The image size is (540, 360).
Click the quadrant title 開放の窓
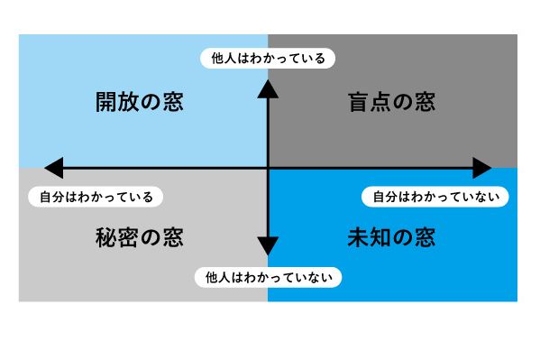pyautogui.click(x=139, y=102)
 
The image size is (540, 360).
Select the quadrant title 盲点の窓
pyautogui.click(x=391, y=102)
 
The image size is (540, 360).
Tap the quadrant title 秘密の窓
pyautogui.click(x=139, y=238)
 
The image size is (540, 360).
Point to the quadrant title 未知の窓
pyautogui.click(x=391, y=238)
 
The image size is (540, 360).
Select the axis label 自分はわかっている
pyautogui.click(x=97, y=196)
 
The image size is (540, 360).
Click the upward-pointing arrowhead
pyautogui.click(x=268, y=87)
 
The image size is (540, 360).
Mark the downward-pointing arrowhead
pyautogui.click(x=268, y=245)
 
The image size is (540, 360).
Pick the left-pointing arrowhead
pyautogui.click(x=53, y=168)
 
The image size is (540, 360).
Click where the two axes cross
pyautogui.click(x=268, y=168)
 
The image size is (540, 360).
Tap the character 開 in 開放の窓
pyautogui.click(x=106, y=102)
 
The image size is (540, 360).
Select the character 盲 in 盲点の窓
pyautogui.click(x=359, y=102)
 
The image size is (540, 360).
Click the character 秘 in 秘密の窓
pyautogui.click(x=106, y=238)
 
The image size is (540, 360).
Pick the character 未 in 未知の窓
pyautogui.click(x=359, y=238)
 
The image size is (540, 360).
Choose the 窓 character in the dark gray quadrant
pyautogui.click(x=425, y=102)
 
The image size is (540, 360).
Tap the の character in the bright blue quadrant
pyautogui.click(x=403, y=238)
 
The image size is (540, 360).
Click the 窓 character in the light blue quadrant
pyautogui.click(x=172, y=102)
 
